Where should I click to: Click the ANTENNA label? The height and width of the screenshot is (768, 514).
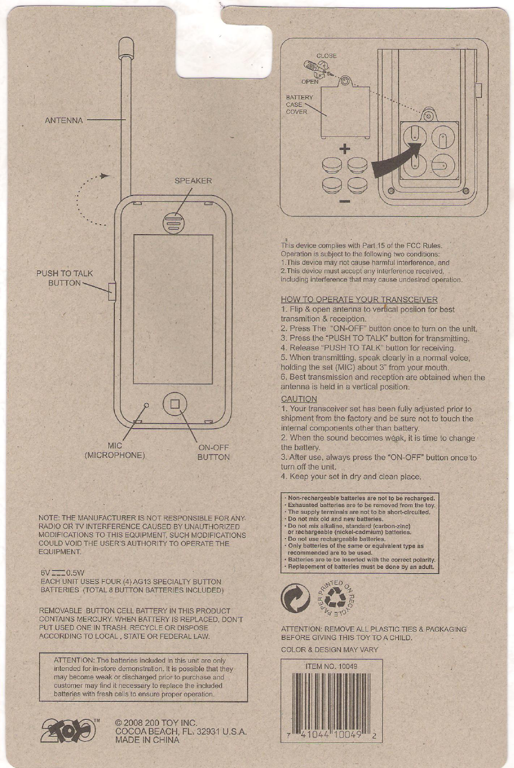(64, 120)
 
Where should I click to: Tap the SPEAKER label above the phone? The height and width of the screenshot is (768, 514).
(193, 180)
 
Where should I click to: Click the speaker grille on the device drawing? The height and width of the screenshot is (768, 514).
(174, 223)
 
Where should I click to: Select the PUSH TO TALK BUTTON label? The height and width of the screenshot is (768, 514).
(65, 278)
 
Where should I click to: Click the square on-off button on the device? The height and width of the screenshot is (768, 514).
(175, 404)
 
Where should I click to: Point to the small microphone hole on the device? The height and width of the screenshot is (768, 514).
(146, 405)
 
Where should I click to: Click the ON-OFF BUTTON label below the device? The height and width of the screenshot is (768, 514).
(214, 452)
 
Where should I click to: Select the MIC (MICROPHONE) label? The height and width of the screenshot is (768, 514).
(115, 450)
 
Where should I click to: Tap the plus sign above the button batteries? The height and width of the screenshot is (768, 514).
(345, 149)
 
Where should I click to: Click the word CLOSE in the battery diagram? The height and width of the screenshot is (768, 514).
(326, 56)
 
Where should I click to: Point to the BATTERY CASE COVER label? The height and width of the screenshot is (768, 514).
(299, 104)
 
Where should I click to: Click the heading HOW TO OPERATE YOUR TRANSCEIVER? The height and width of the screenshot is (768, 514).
(359, 300)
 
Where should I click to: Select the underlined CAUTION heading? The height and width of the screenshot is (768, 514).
(299, 399)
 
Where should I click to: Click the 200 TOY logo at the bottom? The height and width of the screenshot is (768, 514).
(69, 731)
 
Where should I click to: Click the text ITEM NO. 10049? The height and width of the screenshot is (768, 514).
(331, 667)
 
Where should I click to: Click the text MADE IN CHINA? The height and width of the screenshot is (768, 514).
(147, 739)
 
